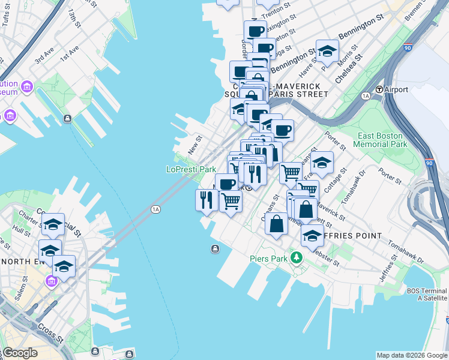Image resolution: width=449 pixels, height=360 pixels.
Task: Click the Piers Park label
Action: pos(268,259)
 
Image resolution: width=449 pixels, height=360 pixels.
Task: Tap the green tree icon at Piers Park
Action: pos(295,258)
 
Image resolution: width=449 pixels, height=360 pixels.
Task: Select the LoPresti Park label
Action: pos(191,170)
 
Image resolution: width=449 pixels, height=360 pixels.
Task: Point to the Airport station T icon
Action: pos(379,89)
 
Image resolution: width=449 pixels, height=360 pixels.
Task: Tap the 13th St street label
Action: pos(74,19)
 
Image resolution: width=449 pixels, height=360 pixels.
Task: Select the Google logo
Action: pos(19,353)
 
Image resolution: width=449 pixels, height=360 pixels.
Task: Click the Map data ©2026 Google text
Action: pos(412,355)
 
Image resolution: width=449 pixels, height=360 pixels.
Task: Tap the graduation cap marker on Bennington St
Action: pos(327,52)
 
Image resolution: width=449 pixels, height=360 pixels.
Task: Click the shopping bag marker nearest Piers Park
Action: pos(276,225)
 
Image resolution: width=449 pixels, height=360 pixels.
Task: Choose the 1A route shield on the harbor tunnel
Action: pos(156,209)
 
